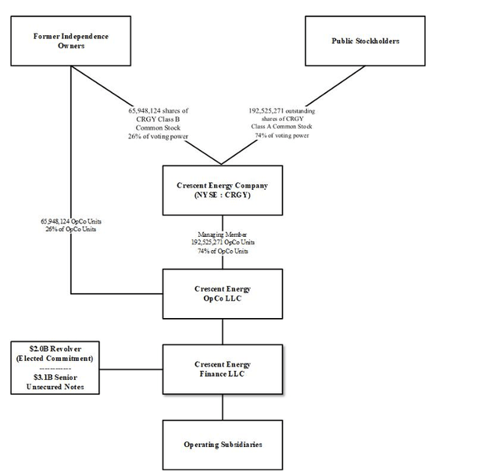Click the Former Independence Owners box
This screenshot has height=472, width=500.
pos(70,41)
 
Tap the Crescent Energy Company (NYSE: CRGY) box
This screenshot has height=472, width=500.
pos(223,190)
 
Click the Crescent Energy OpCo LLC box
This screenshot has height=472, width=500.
pos(223,294)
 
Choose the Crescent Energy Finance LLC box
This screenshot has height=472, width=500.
pos(223,369)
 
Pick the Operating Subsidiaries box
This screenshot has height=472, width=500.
pos(223,444)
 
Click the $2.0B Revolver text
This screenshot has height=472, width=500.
pos(54,349)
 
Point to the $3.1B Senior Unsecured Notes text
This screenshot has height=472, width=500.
pos(54,381)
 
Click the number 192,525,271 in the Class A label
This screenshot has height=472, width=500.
pos(266,111)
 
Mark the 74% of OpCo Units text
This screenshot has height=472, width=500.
pos(223,251)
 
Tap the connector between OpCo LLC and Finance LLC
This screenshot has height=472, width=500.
pos(223,331)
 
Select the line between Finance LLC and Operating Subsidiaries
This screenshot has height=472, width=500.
pos(223,406)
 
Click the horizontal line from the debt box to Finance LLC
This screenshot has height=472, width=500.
pos(131,369)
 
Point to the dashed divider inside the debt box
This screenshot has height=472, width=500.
pos(54,367)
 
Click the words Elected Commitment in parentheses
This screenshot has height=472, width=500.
pos(54,359)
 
